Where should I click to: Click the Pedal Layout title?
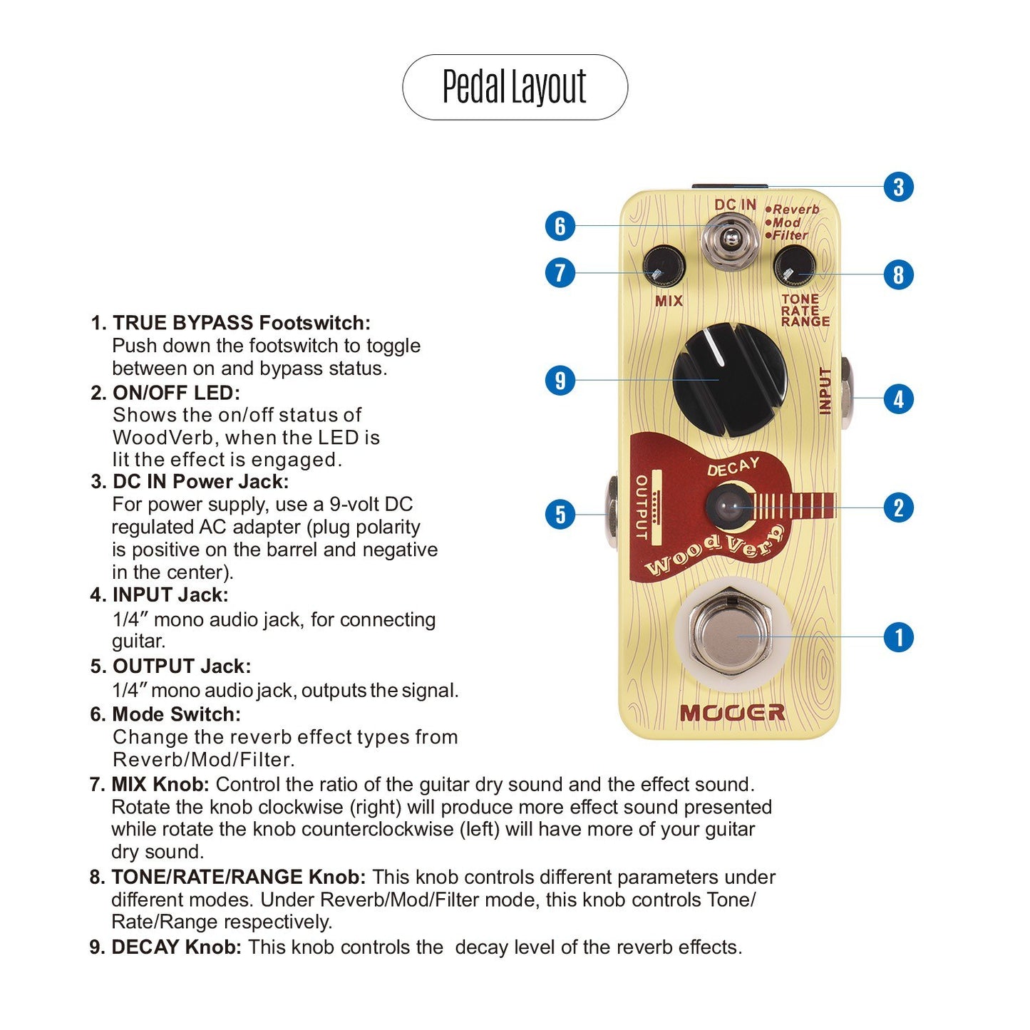(x=515, y=87)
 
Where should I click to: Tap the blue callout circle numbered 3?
(x=898, y=187)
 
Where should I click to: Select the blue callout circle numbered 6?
(x=560, y=226)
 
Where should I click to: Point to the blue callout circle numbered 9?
(x=560, y=380)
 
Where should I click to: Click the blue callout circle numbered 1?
(x=898, y=637)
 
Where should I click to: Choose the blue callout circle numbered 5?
(x=560, y=514)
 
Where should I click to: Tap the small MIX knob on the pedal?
(x=664, y=268)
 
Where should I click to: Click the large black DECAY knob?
(x=728, y=379)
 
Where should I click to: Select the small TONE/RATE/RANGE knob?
(x=793, y=267)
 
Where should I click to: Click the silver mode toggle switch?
(x=728, y=242)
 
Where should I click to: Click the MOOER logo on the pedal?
(x=732, y=713)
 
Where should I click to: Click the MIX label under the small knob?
(x=669, y=301)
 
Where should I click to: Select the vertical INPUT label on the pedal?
(x=825, y=391)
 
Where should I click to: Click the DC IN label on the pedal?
(x=735, y=205)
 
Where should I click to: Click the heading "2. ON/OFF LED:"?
(x=165, y=393)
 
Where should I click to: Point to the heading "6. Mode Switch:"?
(x=165, y=714)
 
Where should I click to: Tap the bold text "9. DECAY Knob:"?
(x=165, y=947)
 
